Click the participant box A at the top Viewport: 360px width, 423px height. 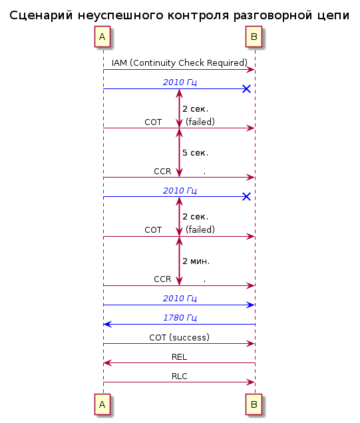[x=102, y=37]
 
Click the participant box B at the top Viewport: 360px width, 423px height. [x=254, y=37]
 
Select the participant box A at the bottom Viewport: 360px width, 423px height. [x=102, y=404]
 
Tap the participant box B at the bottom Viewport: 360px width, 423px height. [x=254, y=404]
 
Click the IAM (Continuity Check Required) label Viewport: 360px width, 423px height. [x=180, y=63]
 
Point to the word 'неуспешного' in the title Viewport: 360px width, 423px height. [x=120, y=15]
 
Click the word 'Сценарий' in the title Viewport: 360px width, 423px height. [x=41, y=15]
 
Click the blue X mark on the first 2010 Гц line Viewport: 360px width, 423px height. [x=247, y=88]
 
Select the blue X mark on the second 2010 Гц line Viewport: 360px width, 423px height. [x=247, y=197]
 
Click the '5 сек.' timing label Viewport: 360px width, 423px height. [x=196, y=153]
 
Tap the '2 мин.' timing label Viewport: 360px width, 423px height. [x=196, y=261]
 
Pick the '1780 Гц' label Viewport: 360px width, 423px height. [x=180, y=318]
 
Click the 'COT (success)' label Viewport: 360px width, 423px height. [x=180, y=337]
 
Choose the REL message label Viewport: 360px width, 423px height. [x=180, y=357]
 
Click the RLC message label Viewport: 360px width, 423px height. [x=180, y=376]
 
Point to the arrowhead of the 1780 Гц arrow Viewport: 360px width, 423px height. [x=107, y=325]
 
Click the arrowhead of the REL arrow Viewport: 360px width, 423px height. [x=107, y=363]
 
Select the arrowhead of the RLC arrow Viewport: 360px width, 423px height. [x=251, y=382]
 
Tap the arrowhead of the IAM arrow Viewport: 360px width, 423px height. [x=251, y=70]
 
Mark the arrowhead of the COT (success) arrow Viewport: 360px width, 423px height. [x=251, y=344]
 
